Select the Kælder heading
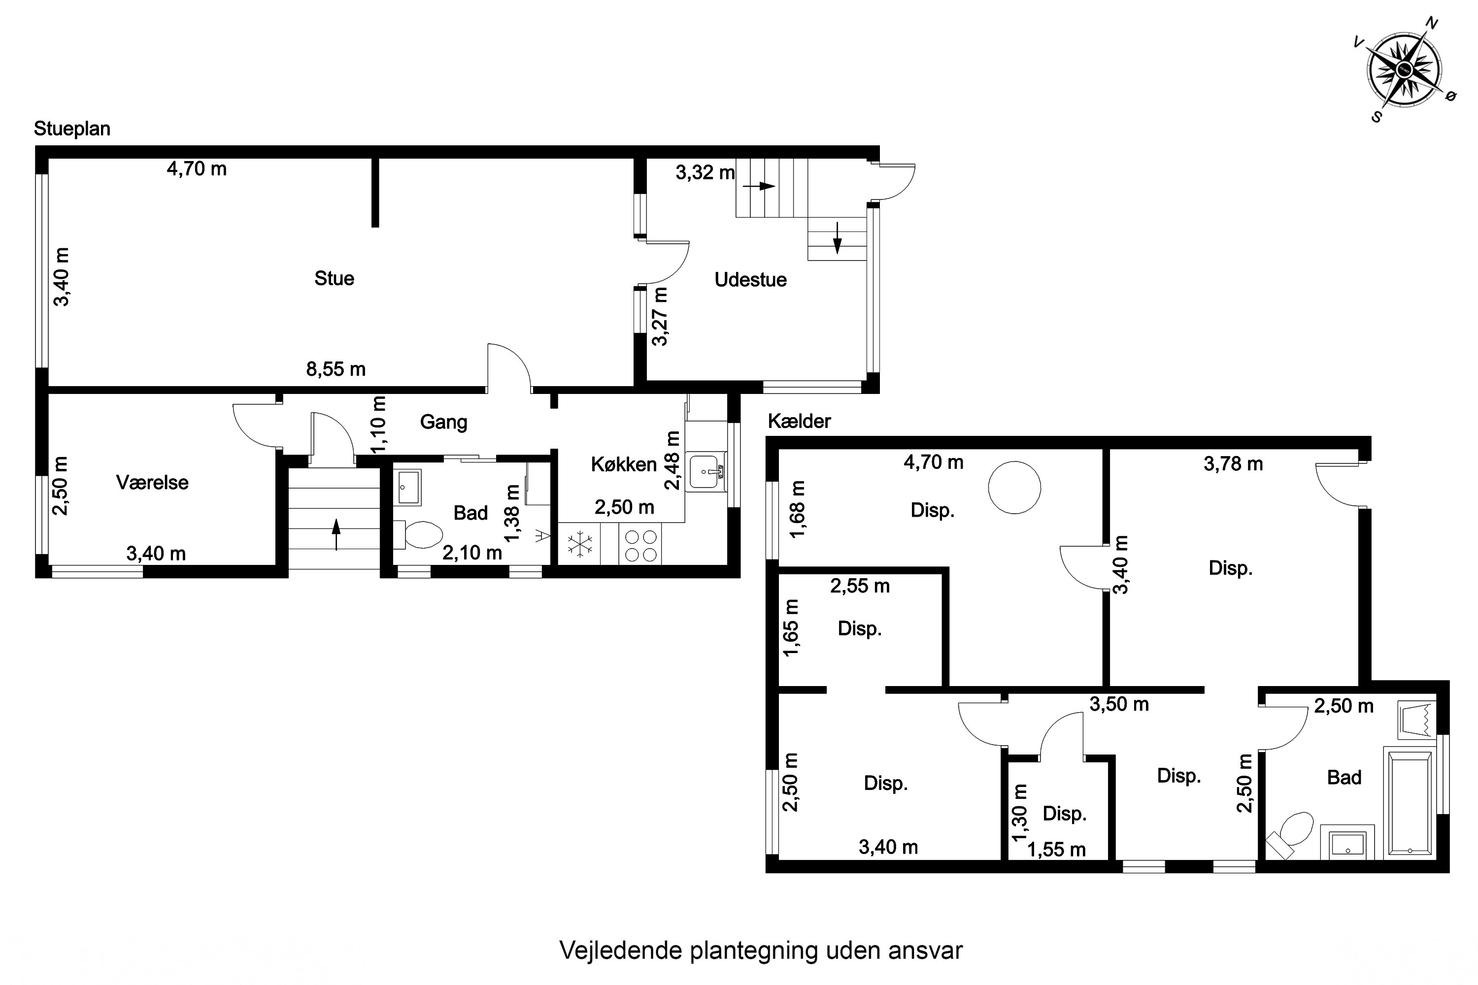799,422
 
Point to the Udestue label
750,280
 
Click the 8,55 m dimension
336,369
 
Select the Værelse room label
152,483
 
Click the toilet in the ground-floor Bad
422,535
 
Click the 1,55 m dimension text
1056,850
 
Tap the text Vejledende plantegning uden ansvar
760,951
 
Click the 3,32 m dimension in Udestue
705,173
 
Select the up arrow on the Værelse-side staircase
336,534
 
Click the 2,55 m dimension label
859,586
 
